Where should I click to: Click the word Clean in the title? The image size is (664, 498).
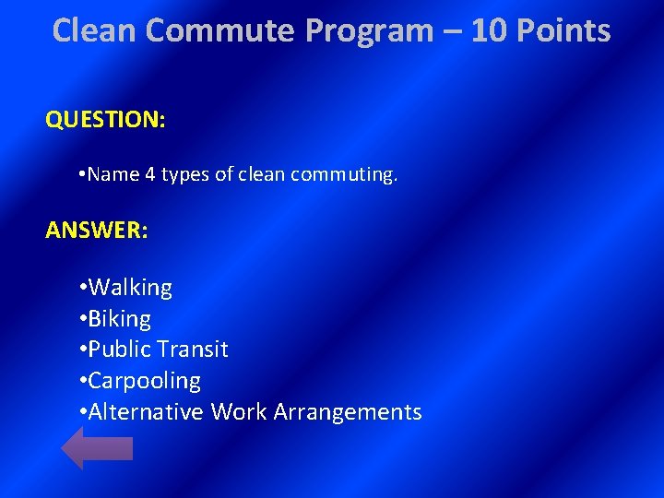(95, 30)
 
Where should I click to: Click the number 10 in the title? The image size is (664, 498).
(490, 30)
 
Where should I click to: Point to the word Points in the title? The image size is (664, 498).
(564, 30)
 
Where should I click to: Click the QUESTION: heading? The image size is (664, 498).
(105, 120)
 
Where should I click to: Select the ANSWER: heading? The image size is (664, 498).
(96, 230)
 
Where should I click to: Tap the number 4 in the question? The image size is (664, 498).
(150, 174)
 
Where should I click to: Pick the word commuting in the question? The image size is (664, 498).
(343, 174)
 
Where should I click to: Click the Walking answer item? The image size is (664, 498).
(129, 288)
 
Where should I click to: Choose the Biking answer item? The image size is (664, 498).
(119, 319)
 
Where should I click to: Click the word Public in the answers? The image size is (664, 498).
(119, 350)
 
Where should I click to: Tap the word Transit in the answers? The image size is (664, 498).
(192, 350)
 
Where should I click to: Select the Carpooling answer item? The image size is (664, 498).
(144, 381)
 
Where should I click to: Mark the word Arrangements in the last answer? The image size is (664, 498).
(348, 411)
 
